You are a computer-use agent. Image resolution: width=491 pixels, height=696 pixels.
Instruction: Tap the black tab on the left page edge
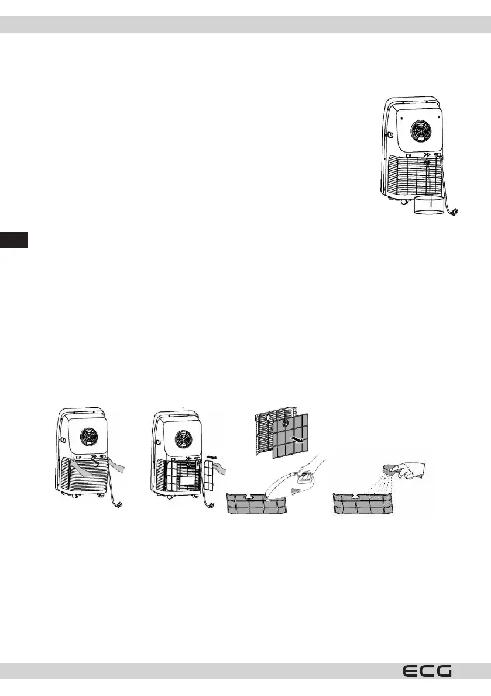pos(13,240)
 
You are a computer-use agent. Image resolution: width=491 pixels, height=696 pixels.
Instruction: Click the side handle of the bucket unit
pos(389,136)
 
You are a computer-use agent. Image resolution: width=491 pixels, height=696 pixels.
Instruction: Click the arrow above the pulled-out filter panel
pos(210,452)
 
